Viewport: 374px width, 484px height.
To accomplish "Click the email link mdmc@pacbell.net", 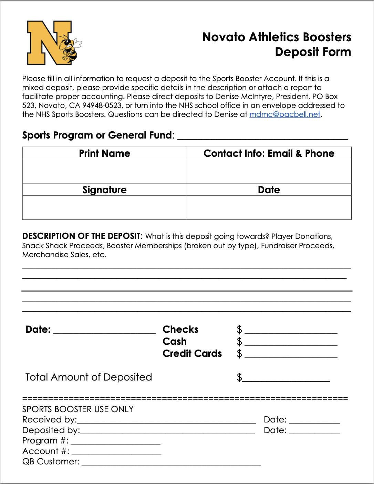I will (284, 114).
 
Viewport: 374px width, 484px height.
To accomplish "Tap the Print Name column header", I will (104, 153).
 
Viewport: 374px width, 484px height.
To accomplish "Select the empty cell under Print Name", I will (104, 171).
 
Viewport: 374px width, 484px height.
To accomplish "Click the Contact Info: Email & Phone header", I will (269, 153).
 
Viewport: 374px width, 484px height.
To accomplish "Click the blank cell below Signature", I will (104, 207).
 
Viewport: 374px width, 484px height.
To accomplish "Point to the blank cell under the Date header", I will (269, 207).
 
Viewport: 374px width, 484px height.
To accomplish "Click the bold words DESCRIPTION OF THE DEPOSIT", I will (81, 236).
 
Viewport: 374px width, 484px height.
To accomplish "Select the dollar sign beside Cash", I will (239, 342).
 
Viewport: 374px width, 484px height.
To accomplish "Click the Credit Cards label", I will (192, 353).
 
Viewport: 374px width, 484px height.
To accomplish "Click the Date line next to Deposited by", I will (314, 432).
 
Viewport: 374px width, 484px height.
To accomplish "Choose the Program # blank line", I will (115, 442).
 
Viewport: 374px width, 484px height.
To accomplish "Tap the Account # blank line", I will (116, 453).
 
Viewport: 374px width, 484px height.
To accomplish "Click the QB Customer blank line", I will (171, 463).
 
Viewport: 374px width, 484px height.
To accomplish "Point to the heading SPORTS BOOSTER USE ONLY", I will (78, 409).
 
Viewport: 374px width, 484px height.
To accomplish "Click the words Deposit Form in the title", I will (313, 52).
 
